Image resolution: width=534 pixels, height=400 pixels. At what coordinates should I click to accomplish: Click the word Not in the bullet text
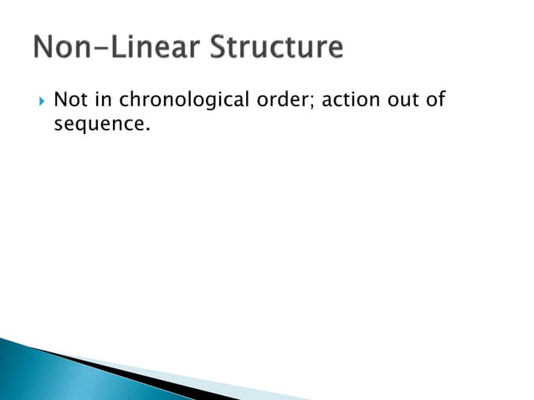[x=70, y=101]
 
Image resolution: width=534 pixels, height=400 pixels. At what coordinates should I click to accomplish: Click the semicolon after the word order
[x=315, y=103]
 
